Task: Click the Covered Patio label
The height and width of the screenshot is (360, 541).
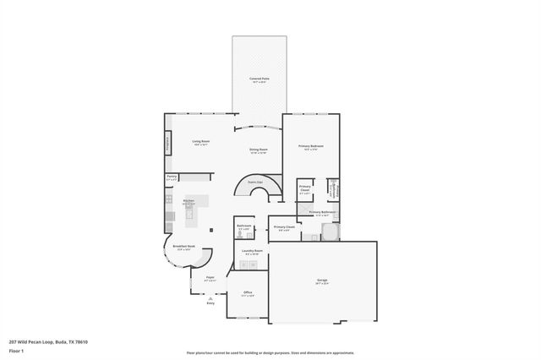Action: click(259, 79)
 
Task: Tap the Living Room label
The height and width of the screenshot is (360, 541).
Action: click(200, 141)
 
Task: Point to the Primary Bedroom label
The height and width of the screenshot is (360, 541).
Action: click(311, 146)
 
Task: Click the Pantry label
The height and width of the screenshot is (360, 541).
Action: click(172, 177)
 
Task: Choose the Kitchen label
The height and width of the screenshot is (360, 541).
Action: click(189, 200)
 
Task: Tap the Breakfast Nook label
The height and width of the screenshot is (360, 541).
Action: click(184, 246)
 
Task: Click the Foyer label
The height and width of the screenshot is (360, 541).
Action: click(210, 276)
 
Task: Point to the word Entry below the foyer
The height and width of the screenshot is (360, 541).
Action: click(210, 303)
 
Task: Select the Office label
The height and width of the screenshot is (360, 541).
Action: click(248, 292)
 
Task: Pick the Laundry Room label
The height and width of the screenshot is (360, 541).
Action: click(252, 250)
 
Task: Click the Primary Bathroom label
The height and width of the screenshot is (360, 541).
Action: click(322, 211)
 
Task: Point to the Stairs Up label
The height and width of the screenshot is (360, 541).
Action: click(254, 182)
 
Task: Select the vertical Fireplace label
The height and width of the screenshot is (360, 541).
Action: click(167, 145)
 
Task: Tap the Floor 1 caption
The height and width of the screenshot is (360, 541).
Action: click(16, 350)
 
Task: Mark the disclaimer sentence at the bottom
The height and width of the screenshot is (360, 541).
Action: click(270, 352)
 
